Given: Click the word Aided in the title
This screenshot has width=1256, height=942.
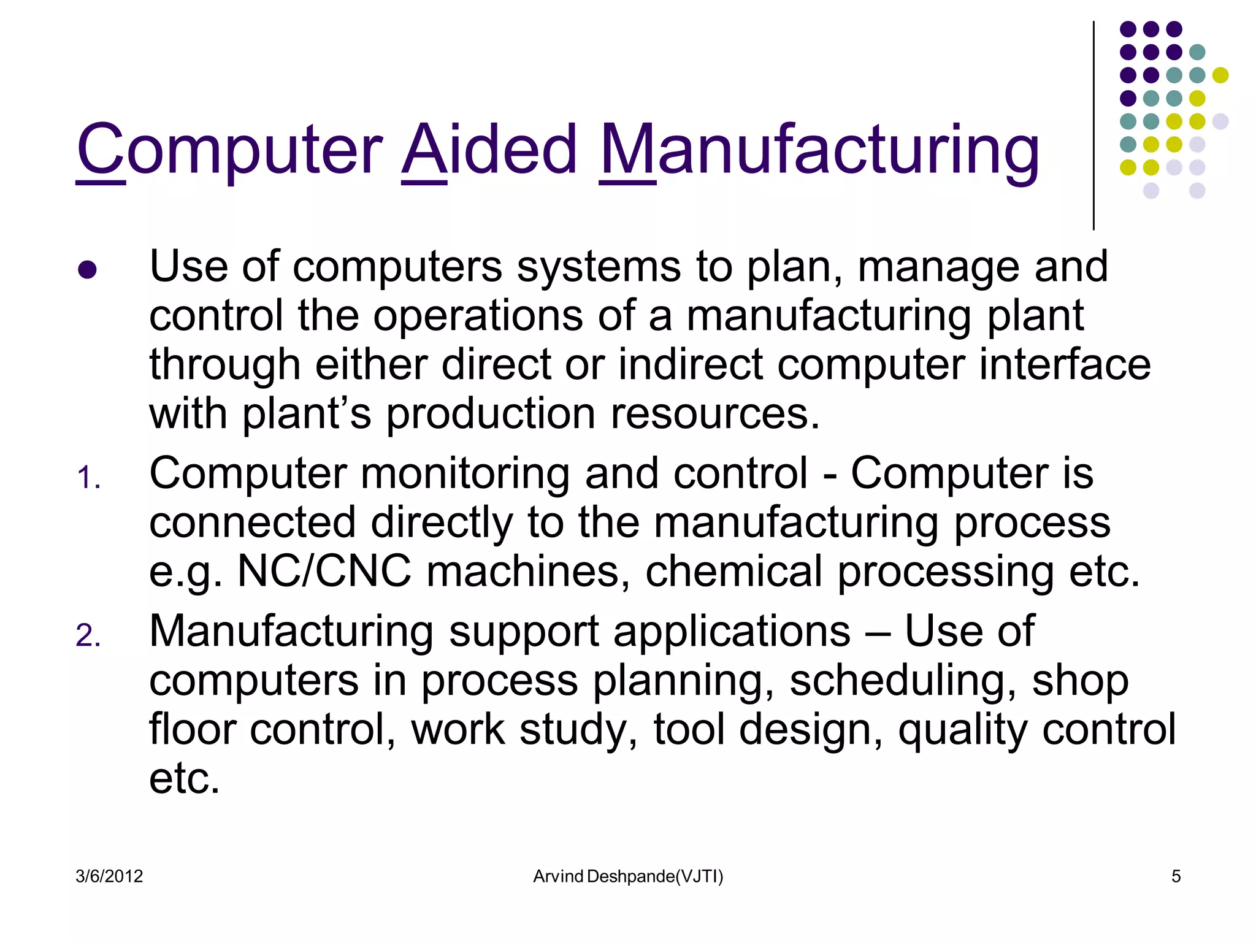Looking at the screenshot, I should point(489,150).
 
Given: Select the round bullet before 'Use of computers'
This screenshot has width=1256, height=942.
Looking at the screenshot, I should point(88,270).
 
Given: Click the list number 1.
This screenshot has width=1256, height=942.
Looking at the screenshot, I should point(88,478).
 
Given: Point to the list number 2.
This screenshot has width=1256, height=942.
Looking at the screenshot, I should point(88,636).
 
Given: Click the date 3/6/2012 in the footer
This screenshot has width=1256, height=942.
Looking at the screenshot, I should point(109,876).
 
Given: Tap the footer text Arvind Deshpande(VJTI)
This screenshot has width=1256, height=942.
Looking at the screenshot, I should point(628,876).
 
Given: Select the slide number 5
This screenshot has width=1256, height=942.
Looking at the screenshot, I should point(1176,876).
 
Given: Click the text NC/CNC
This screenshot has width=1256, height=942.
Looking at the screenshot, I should point(324,572).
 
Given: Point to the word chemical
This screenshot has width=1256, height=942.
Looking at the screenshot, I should point(733,572).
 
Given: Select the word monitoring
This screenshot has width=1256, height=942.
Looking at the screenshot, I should point(465,474).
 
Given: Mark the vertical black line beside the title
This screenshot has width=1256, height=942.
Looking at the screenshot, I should point(1093,126).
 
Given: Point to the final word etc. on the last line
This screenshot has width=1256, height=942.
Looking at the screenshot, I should point(184,779).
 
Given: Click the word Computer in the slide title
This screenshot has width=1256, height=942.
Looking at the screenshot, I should point(230,150).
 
